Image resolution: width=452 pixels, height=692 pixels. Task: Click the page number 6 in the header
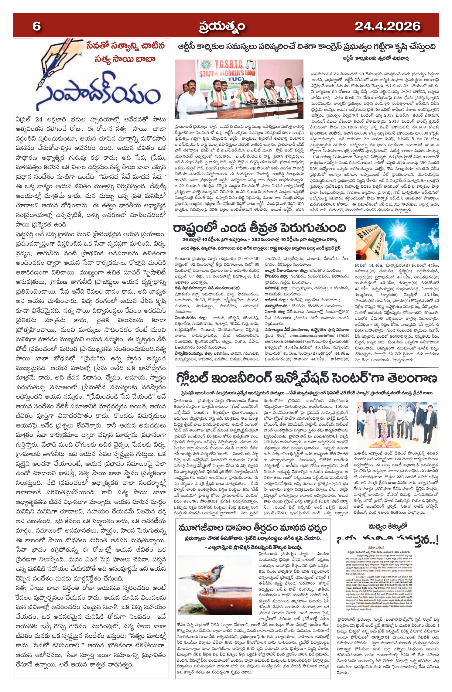36,26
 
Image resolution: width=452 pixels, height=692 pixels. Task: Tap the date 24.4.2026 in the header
387,26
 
